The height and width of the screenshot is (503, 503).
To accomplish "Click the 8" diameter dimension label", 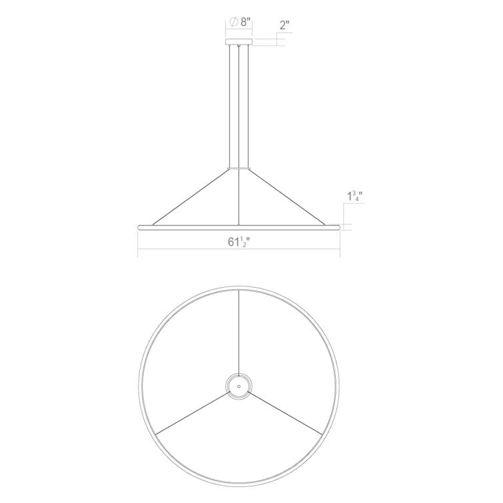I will pos(245,21).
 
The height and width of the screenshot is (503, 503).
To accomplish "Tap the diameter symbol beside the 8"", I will pos(234,21).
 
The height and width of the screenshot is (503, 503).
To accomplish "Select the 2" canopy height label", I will pos(285,25).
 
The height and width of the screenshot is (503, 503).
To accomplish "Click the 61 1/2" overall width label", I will pos(238,243).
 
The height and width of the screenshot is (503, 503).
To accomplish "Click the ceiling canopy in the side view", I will pos(239,42).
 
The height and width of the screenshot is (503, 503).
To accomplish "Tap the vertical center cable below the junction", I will pos(239,197).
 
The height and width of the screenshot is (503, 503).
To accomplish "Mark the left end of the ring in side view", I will pos(139,227).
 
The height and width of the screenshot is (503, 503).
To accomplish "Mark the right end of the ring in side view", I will pos(339,227).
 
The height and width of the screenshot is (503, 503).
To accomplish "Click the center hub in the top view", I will pos(238,385).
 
